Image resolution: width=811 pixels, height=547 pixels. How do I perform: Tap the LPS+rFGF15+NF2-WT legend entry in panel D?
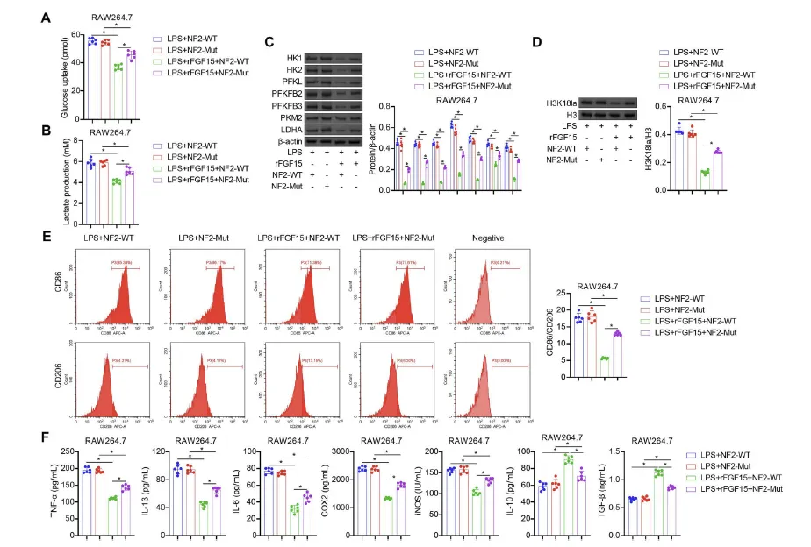[710, 75]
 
